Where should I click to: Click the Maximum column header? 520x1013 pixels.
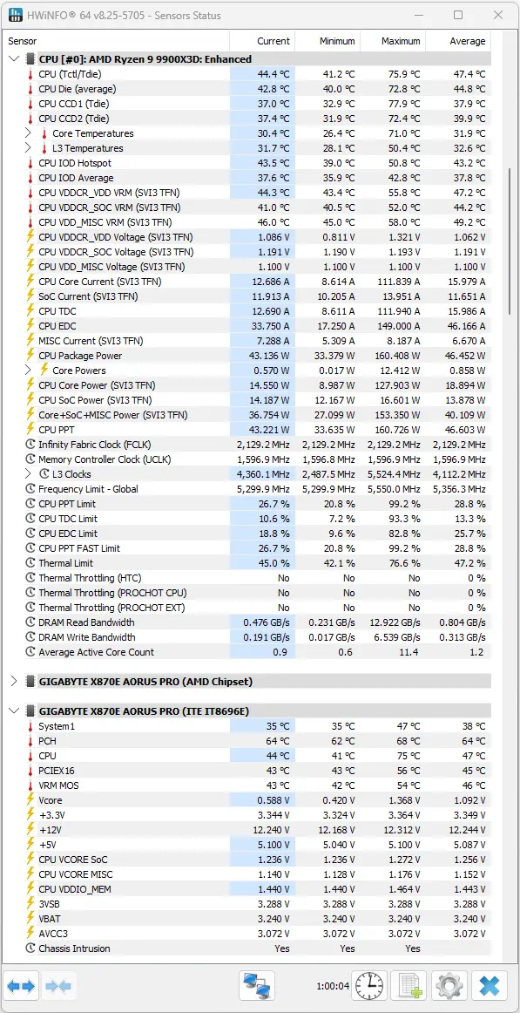(x=400, y=41)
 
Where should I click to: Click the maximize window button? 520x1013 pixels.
(x=458, y=15)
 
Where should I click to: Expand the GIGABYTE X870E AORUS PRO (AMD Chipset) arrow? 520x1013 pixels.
(x=14, y=681)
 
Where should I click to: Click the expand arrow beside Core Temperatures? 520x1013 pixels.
(x=28, y=133)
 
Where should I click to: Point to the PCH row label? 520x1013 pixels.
(x=47, y=741)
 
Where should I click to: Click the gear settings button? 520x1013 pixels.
(x=449, y=986)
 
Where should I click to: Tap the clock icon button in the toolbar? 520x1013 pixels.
(x=369, y=986)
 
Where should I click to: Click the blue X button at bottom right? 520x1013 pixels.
(x=489, y=986)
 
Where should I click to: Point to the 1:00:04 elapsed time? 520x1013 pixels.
(x=332, y=987)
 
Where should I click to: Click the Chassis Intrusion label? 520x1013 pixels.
(x=74, y=948)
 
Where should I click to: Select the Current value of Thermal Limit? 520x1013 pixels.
(x=274, y=562)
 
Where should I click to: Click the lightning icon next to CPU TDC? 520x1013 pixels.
(x=30, y=310)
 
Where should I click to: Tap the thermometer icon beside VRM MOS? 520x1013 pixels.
(x=30, y=785)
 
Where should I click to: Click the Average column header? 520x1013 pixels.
(x=467, y=41)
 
